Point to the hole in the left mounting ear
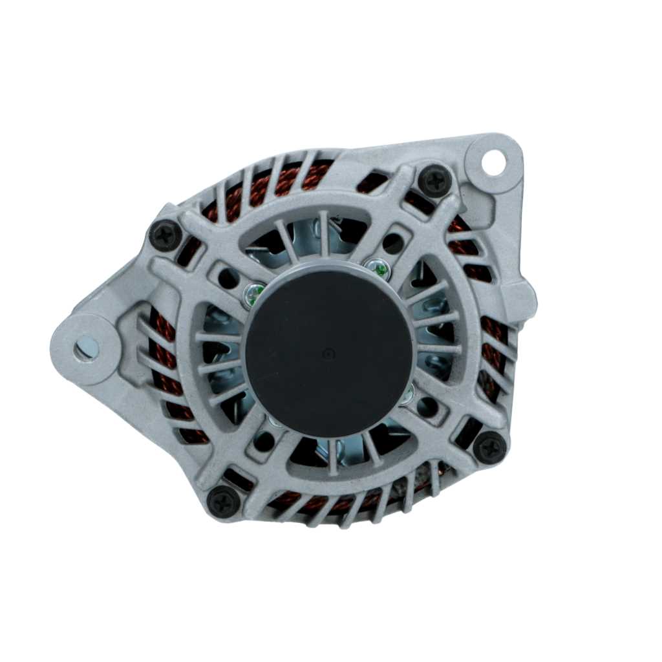(86, 348)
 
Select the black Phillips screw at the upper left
(165, 235)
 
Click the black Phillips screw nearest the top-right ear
(434, 180)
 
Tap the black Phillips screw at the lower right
(489, 447)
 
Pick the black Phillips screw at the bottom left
(224, 500)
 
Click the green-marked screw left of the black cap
(253, 294)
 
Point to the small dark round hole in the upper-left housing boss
(228, 278)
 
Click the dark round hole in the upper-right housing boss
(392, 243)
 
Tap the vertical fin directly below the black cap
(332, 456)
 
